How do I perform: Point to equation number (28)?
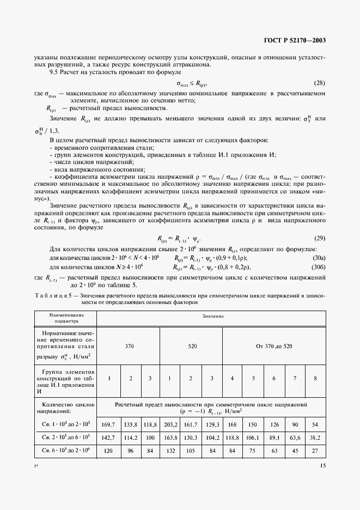[320, 83]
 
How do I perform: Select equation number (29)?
[320, 224]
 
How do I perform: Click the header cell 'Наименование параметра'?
[66, 318]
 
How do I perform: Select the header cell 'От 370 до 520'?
[274, 346]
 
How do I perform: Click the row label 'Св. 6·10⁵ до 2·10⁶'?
[66, 452]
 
